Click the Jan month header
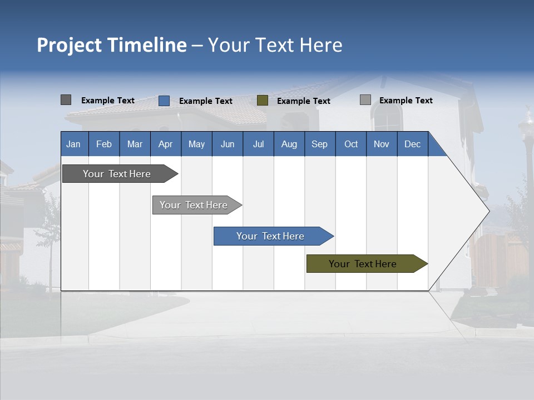pos(73,144)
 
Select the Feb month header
pos(104,144)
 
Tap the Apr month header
pos(165,144)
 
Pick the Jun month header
pos(228,144)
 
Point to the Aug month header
pos(289,144)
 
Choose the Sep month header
pos(319,144)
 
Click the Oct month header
pos(351,144)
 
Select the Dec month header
pos(412,144)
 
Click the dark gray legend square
pos(66,100)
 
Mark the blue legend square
pos(164,101)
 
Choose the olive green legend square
pos(263,101)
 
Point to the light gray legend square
pos(365,100)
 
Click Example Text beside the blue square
pos(206,101)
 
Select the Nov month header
pos(382,144)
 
